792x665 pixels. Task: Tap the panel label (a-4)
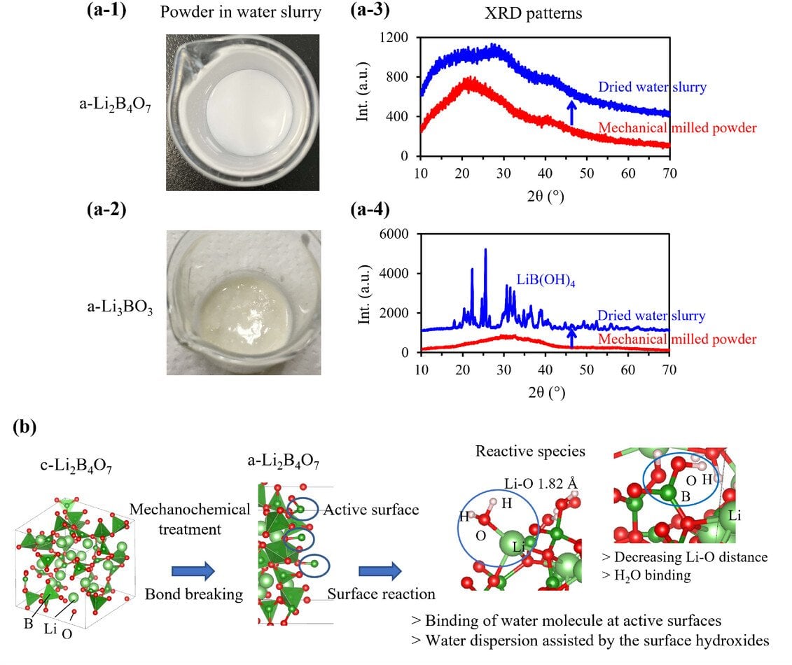(369, 208)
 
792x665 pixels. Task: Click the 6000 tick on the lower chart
(397, 234)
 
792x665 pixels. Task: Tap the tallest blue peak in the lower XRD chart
(485, 251)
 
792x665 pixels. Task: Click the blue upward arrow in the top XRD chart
(571, 113)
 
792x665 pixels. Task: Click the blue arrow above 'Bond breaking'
(193, 572)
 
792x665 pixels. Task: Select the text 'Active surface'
(371, 510)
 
